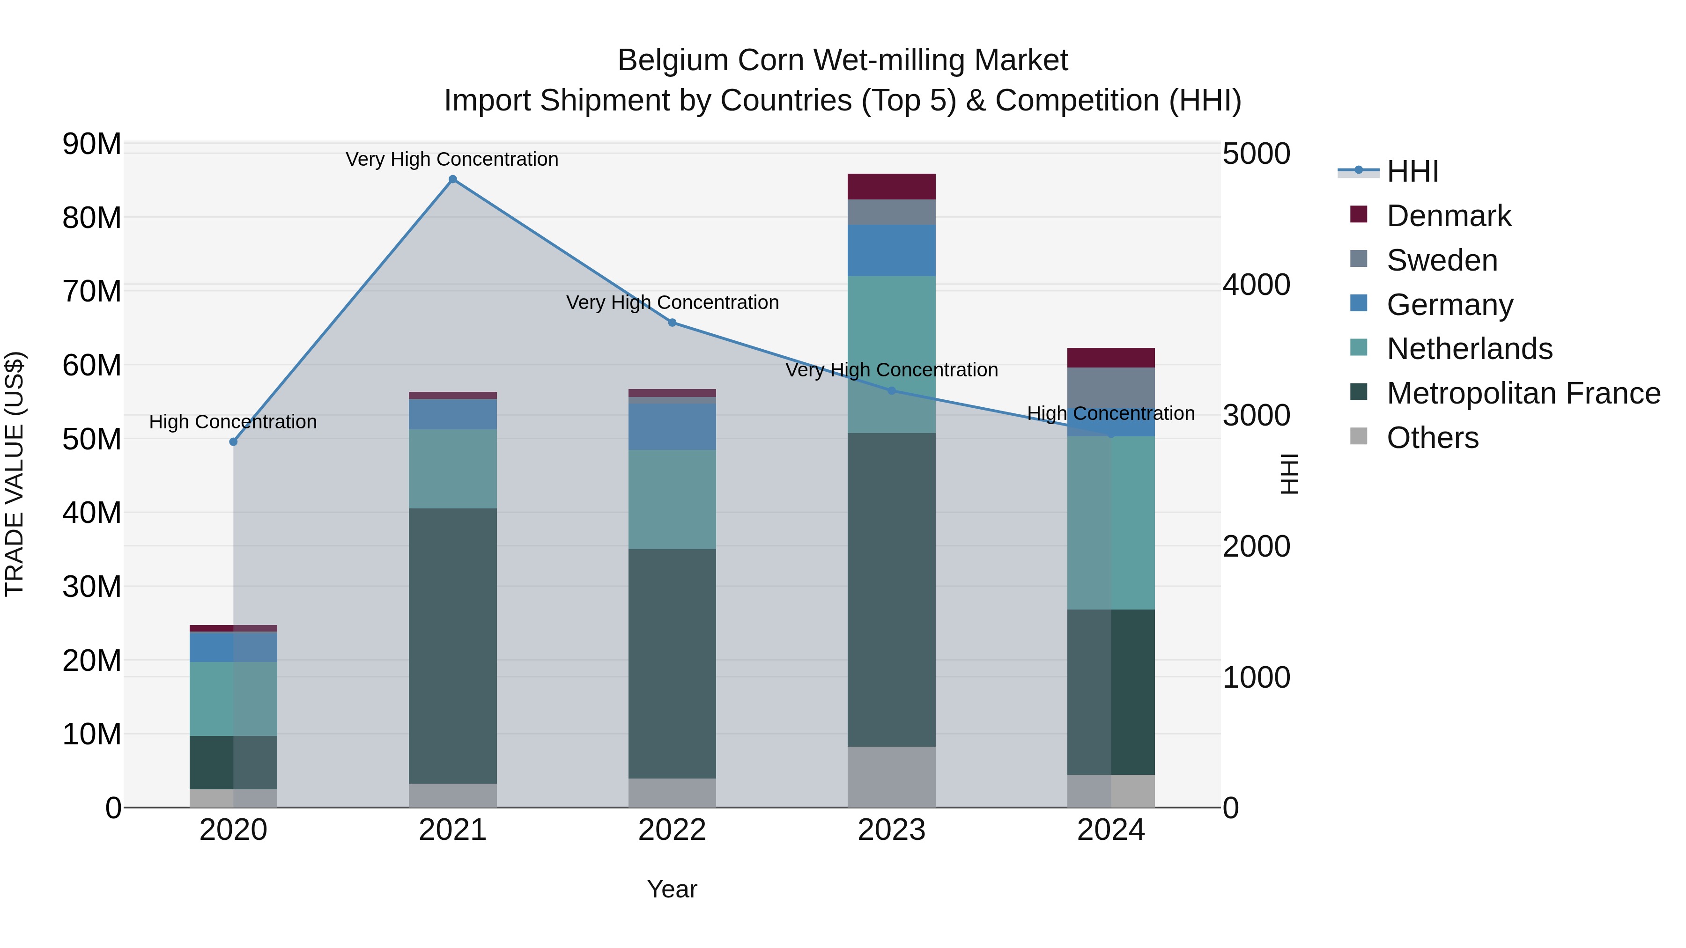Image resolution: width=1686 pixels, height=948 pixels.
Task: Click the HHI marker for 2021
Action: [452, 179]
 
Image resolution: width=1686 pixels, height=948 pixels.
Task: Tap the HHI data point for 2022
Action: [672, 323]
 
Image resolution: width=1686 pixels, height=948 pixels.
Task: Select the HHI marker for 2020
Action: [234, 441]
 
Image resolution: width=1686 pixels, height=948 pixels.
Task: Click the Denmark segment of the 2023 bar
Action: [891, 186]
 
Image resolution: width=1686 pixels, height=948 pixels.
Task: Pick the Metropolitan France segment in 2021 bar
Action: [452, 646]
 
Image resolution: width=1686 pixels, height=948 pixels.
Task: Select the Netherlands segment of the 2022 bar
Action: [672, 499]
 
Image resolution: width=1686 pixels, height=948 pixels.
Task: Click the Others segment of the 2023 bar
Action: [891, 777]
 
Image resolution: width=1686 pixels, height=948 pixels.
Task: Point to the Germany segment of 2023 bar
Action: [891, 250]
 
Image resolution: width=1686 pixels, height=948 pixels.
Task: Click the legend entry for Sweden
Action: [1442, 260]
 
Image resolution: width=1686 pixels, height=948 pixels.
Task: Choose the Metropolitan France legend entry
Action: [1523, 393]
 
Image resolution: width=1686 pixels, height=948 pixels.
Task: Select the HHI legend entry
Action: [1412, 171]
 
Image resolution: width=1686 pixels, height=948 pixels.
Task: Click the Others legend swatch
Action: [1359, 436]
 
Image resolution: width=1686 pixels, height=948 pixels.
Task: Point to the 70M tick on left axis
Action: [92, 291]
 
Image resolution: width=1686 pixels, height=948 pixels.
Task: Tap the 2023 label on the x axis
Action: [891, 830]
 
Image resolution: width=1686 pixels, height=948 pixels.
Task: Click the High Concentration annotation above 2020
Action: [233, 422]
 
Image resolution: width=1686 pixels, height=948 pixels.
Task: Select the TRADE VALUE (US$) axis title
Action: [15, 474]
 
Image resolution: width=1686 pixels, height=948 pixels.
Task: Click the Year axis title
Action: [672, 889]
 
